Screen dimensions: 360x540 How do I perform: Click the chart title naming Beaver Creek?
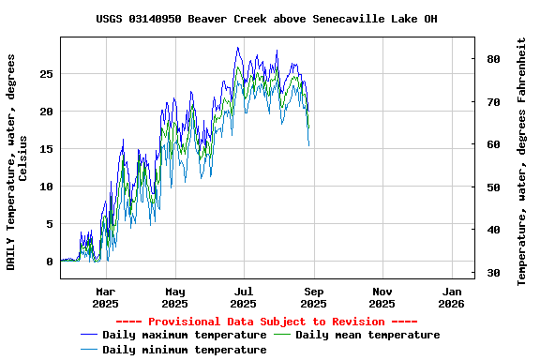tap(266, 19)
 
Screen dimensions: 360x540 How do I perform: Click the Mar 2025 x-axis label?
tap(105, 297)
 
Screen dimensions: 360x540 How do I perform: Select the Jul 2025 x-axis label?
tap(243, 297)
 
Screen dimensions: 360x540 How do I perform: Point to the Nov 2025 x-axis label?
tap(382, 297)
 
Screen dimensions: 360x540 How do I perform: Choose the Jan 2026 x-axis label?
tap(451, 297)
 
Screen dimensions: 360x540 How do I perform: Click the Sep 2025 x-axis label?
tap(313, 297)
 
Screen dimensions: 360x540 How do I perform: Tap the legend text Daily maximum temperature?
tap(185, 335)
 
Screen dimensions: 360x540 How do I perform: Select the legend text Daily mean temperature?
tap(367, 335)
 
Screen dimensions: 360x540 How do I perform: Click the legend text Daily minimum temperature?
tap(185, 350)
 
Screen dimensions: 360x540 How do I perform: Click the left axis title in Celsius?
tap(18, 160)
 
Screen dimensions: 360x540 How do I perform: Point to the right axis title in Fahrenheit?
tap(521, 160)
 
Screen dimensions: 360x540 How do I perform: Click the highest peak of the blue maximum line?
tap(238, 48)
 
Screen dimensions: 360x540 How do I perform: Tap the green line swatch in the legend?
tap(282, 335)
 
